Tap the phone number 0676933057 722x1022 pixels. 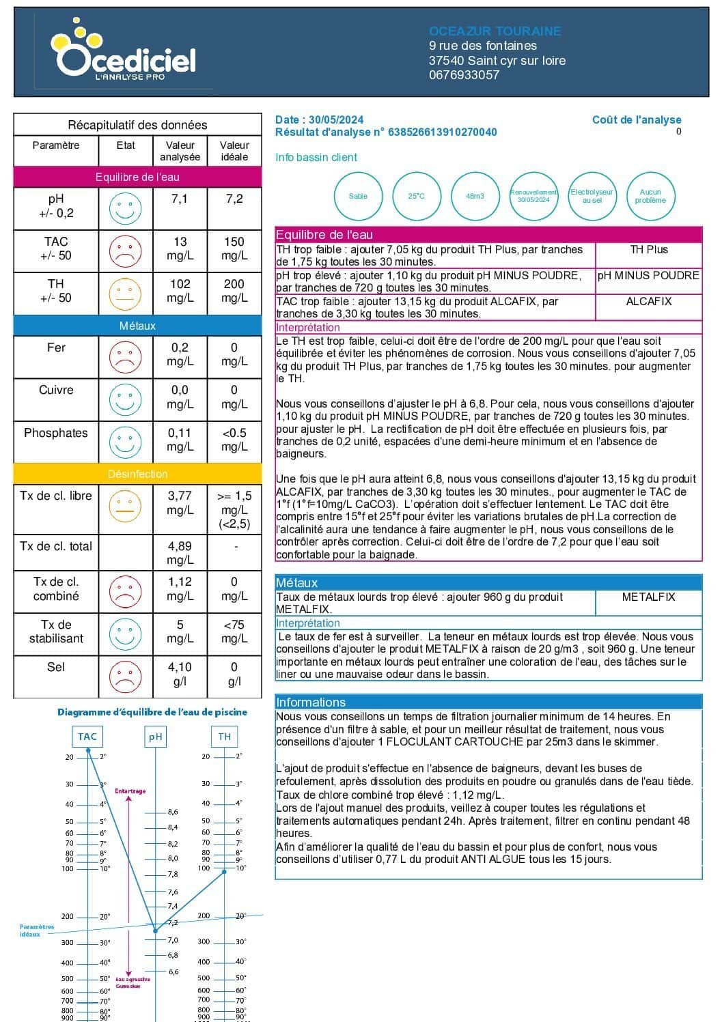(x=464, y=75)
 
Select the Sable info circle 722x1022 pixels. (x=358, y=197)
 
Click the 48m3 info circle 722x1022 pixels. (x=475, y=197)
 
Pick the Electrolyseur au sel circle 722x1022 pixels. (x=592, y=197)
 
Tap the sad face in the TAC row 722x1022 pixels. (x=125, y=251)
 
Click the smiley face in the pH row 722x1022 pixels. (x=125, y=208)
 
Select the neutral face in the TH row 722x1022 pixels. (x=125, y=294)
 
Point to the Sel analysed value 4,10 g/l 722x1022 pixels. (x=180, y=674)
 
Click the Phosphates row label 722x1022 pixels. (x=56, y=433)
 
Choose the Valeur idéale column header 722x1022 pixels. (x=234, y=151)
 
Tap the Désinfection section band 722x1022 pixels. (x=137, y=474)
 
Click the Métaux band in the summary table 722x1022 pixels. (x=137, y=326)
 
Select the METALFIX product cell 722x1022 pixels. (x=648, y=597)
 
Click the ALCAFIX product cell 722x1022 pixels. (x=648, y=302)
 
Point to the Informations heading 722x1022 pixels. (x=311, y=702)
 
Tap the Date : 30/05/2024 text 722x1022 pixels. (x=319, y=120)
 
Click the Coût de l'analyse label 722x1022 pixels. (x=637, y=120)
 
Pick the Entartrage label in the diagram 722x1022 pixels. (x=130, y=791)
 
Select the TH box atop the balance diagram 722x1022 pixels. (x=225, y=737)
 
